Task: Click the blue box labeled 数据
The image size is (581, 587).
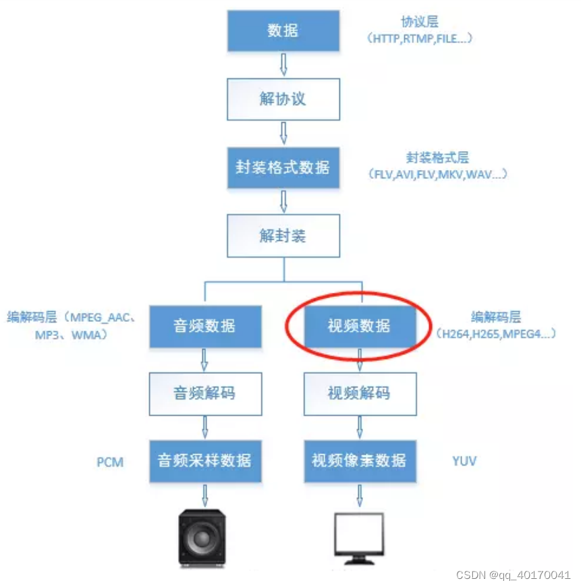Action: tap(283, 31)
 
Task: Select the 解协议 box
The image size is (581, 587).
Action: tap(283, 99)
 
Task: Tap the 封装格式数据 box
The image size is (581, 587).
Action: tap(283, 167)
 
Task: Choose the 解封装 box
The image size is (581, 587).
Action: tap(283, 235)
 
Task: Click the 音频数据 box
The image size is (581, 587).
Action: tap(205, 327)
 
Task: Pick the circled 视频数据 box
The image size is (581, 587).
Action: tap(359, 327)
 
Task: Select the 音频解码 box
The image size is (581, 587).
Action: tap(205, 393)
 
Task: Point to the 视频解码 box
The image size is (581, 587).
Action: tap(359, 393)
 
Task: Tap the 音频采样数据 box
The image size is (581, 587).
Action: tap(205, 462)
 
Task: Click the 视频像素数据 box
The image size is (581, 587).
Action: tap(359, 462)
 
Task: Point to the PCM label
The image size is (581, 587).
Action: tap(110, 463)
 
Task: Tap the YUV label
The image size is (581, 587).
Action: tap(464, 462)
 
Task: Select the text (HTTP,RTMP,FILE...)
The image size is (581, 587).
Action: tap(420, 38)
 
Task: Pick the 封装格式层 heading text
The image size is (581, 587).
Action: tap(437, 158)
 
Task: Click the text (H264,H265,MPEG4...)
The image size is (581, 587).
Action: tap(496, 333)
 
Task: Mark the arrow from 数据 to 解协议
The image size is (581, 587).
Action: tap(283, 65)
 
